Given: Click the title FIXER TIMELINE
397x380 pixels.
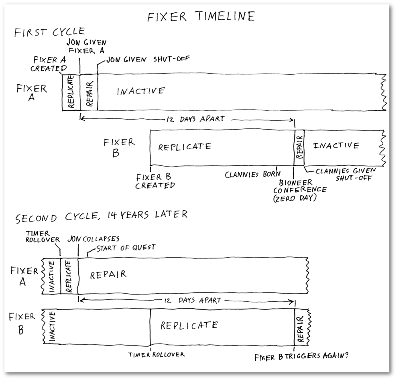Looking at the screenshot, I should click(201, 16).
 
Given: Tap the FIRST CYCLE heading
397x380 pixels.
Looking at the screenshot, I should click(49, 32).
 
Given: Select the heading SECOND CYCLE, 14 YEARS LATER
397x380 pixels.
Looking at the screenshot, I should click(101, 215).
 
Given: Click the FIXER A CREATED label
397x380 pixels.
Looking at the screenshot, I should click(50, 64).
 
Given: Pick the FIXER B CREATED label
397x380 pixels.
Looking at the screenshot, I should click(155, 181).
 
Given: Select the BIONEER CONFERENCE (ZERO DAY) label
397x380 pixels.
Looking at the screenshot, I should click(299, 189).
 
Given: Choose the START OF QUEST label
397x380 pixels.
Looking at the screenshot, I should click(126, 248).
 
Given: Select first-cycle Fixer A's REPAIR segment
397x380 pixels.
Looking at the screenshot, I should click(89, 92).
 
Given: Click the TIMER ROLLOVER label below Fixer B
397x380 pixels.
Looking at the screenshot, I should click(157, 355).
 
